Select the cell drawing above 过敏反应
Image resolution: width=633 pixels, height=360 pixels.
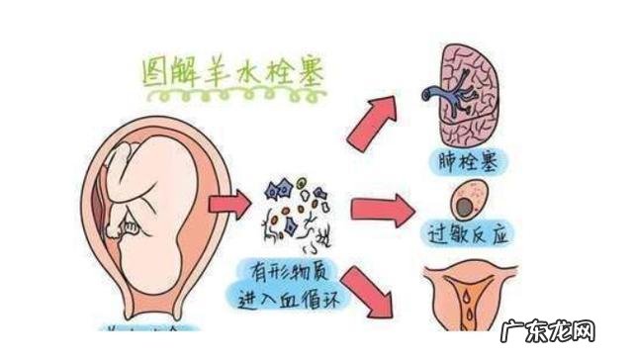coord(469,203)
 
